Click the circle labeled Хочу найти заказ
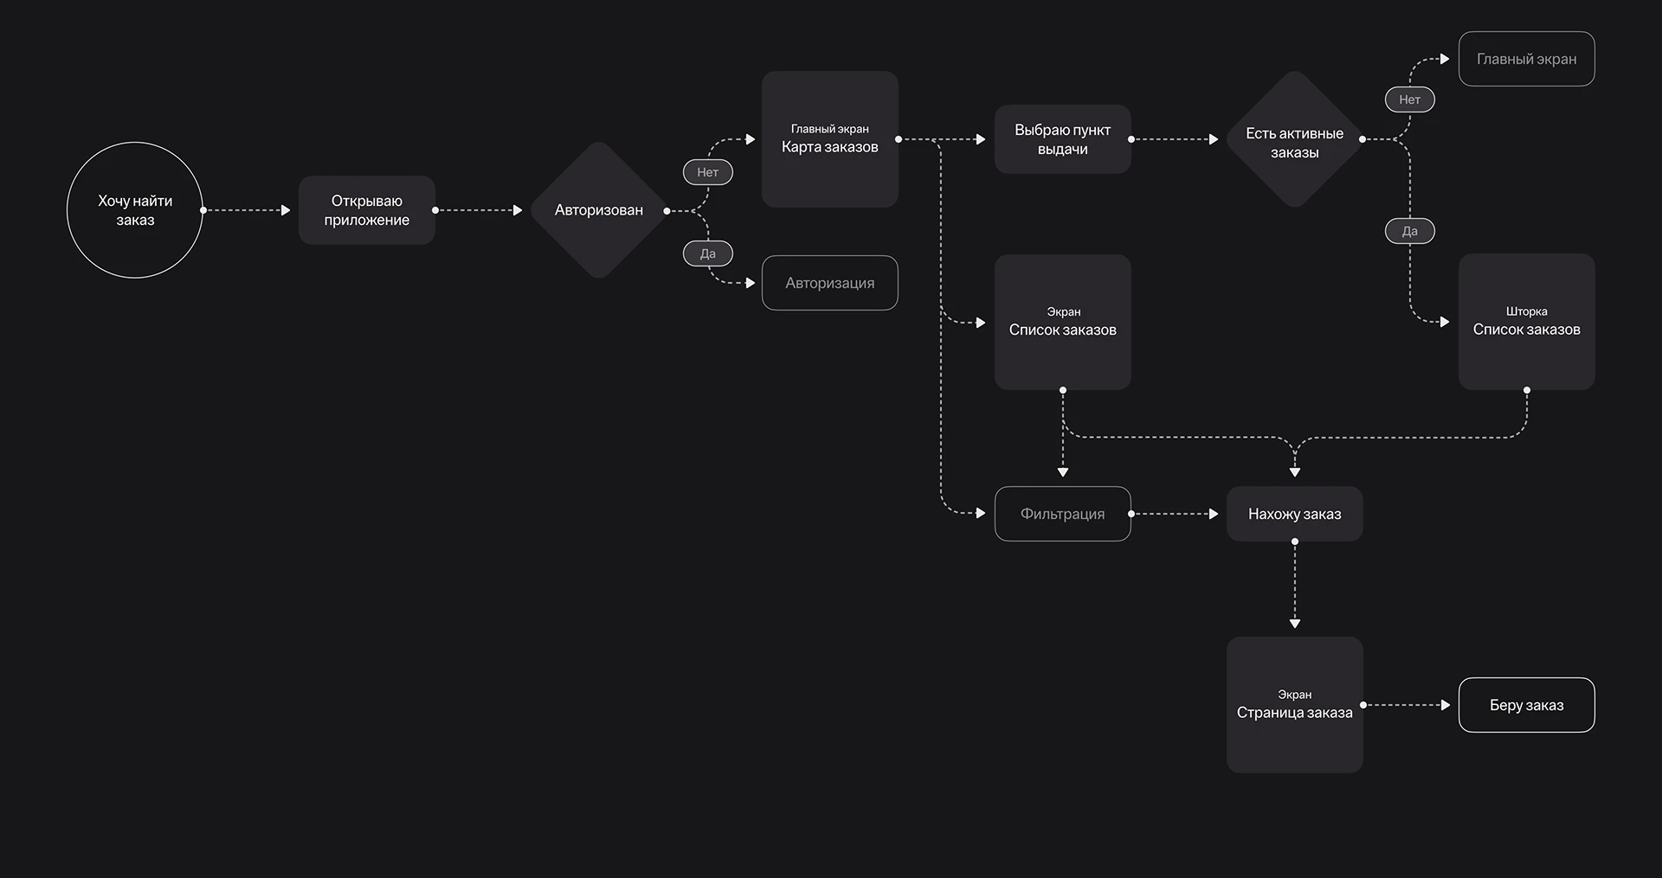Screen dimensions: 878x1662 coord(135,210)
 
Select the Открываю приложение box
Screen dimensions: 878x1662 coord(367,210)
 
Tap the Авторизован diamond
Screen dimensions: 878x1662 coord(599,210)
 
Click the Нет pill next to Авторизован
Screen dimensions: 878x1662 coord(708,172)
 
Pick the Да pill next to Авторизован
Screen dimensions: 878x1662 coord(708,253)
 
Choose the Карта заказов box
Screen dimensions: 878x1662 coord(830,139)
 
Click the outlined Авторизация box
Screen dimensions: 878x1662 coord(830,283)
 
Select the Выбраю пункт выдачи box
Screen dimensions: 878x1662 coord(1063,139)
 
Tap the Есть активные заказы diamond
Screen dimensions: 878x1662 coord(1295,139)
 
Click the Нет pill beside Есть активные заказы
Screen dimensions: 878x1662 coord(1410,99)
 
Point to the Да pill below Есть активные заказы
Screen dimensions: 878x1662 coord(1410,231)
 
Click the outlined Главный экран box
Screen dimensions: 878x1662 coord(1527,59)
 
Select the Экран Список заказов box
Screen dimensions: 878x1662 coord(1063,322)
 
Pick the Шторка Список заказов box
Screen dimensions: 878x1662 coord(1527,322)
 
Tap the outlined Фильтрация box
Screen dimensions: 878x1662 coord(1063,514)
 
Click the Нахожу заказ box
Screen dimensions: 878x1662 coord(1295,514)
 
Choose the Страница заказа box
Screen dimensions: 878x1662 coord(1295,705)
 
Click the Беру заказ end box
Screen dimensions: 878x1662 coord(1527,705)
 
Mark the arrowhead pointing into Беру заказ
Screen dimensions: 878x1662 coord(1446,705)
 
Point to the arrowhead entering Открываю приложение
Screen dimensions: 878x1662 coord(286,210)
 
